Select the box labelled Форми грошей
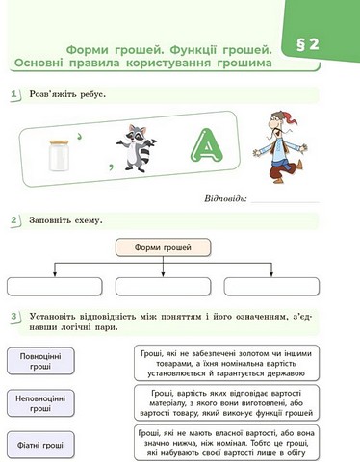pos(161,248)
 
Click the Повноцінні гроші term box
pos(40,361)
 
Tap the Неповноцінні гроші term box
pos(40,402)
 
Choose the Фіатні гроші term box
pos(40,445)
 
